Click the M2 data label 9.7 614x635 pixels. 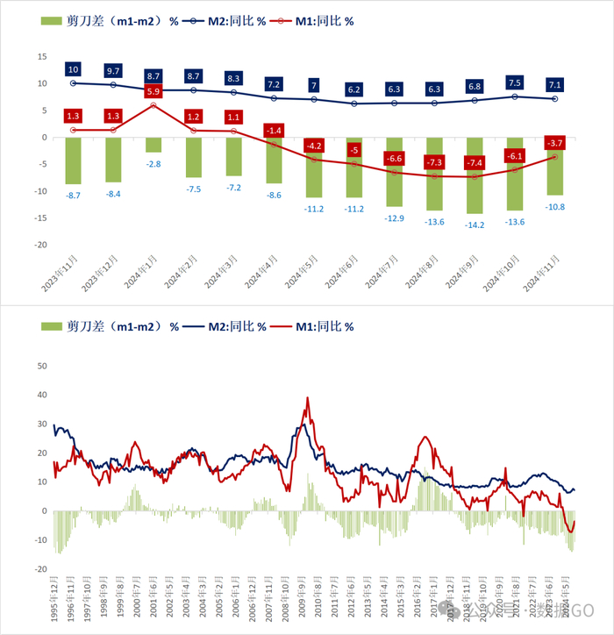(x=113, y=70)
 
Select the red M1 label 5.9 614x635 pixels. (x=153, y=91)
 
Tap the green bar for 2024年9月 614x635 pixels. (x=475, y=175)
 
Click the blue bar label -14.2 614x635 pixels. (x=475, y=224)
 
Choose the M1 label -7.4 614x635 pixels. (x=475, y=162)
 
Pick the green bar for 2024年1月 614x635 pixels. (x=153, y=145)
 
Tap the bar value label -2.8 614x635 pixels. (x=153, y=163)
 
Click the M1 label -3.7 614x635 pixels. (x=554, y=142)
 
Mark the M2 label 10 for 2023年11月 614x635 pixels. (x=74, y=68)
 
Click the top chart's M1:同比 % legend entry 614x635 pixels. (x=312, y=22)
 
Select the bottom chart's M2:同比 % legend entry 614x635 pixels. (x=226, y=326)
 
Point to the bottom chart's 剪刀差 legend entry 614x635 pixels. (x=111, y=326)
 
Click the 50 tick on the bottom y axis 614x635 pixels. (x=39, y=365)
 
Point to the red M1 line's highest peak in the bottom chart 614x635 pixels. (x=307, y=398)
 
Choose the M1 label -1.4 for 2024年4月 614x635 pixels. (x=274, y=131)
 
